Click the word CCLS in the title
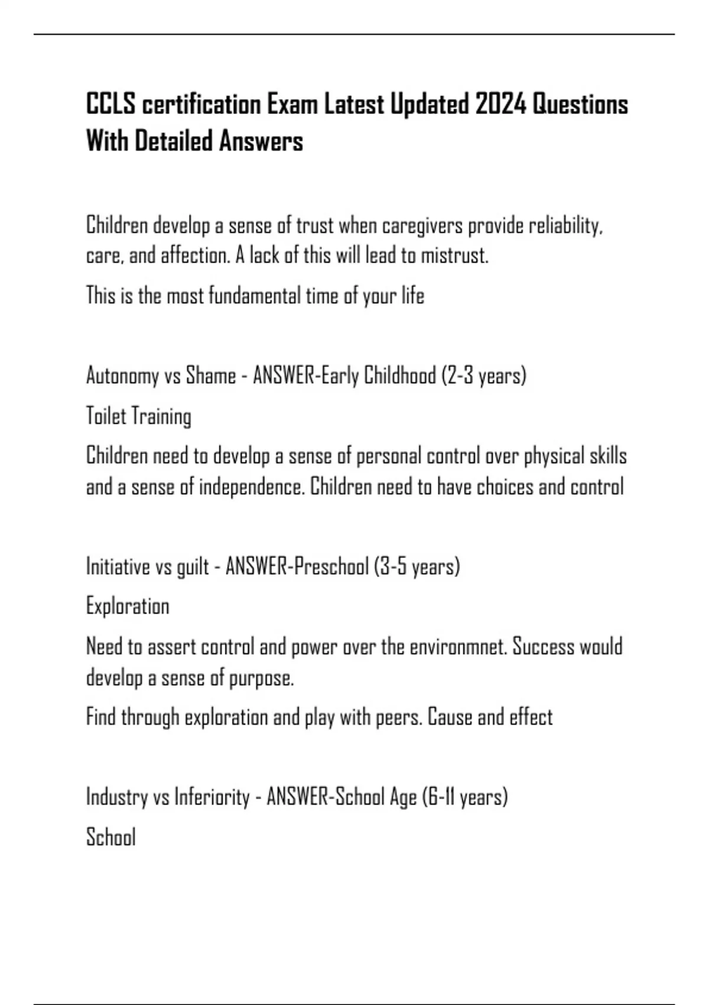(111, 105)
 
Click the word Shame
(211, 375)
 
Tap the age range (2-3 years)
(483, 376)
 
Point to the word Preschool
(331, 566)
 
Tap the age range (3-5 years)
(417, 566)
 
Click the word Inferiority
(212, 797)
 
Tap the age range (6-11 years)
(465, 797)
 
